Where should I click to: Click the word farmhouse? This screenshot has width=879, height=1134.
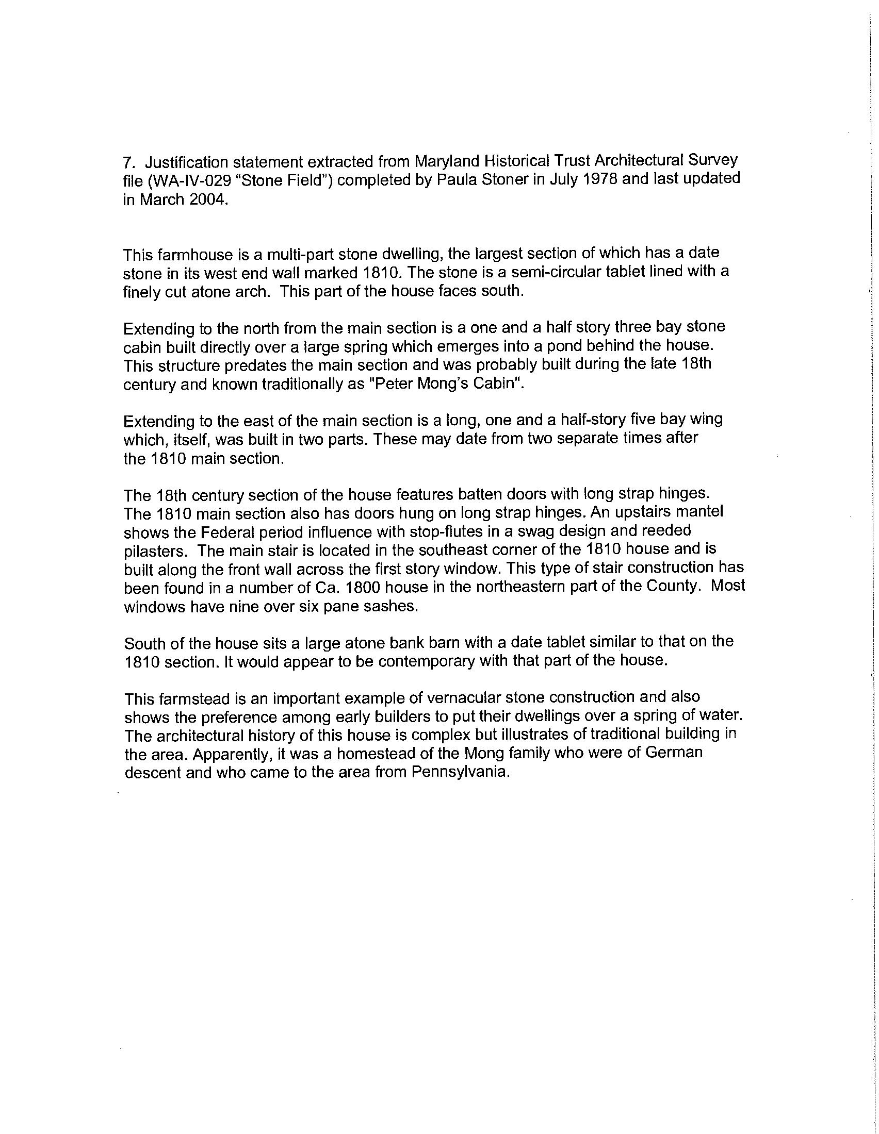point(195,256)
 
